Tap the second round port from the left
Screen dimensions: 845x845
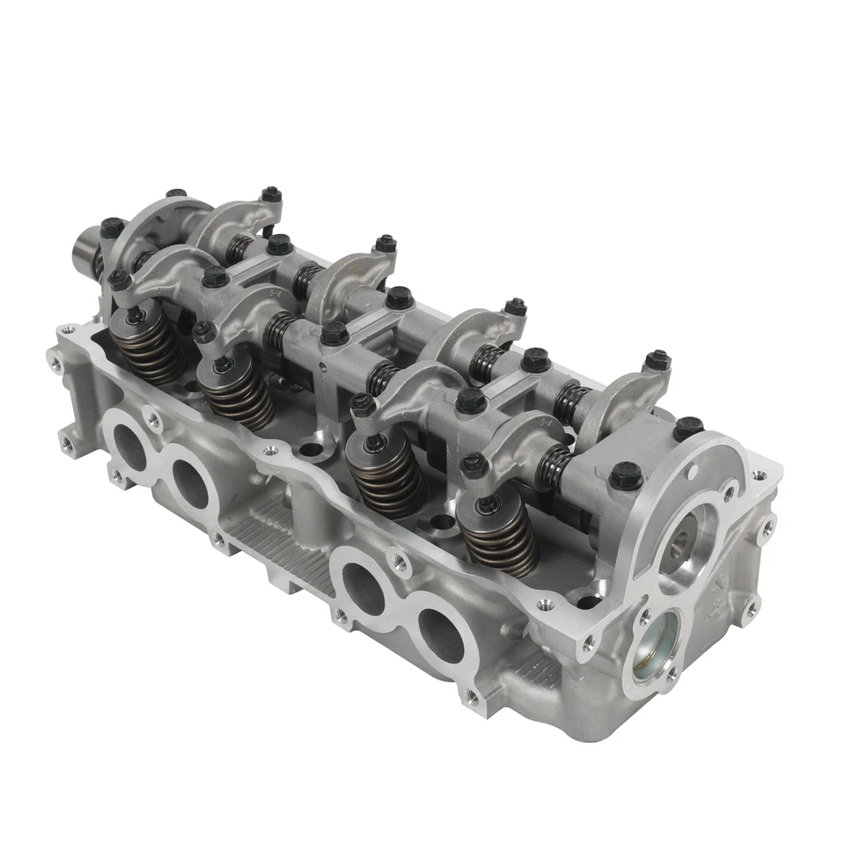(190, 481)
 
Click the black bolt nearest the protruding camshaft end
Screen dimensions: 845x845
(112, 227)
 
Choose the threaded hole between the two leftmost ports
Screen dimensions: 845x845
(156, 421)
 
